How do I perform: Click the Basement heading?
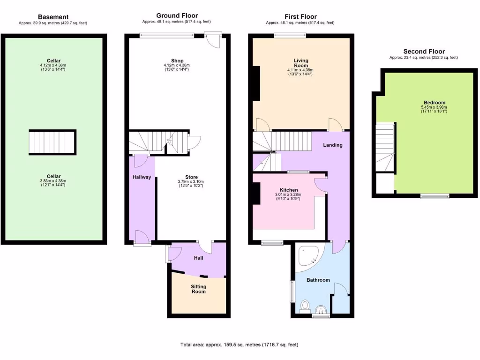53,17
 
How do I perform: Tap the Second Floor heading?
424,52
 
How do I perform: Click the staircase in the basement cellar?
52,142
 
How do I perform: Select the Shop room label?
177,61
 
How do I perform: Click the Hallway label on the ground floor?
142,177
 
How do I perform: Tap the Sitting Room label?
198,289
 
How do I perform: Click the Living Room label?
301,64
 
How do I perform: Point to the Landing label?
332,145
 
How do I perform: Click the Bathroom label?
318,280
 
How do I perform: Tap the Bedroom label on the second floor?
434,103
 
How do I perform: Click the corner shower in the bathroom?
309,256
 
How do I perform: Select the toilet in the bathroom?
305,306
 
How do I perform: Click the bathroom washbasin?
321,309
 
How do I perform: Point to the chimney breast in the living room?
256,84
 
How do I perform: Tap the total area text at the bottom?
240,345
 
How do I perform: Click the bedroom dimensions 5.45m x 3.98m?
434,108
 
